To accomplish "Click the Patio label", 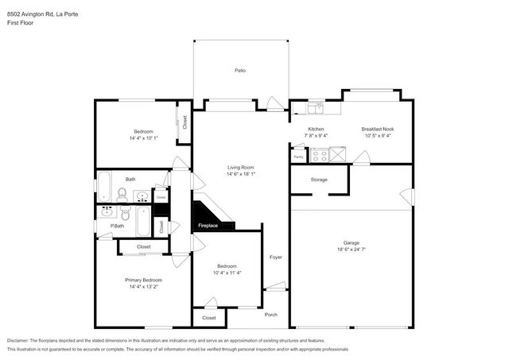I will pyautogui.click(x=239, y=71).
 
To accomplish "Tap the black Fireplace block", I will pyautogui.click(x=208, y=217).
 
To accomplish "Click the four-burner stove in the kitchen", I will pyautogui.click(x=320, y=156).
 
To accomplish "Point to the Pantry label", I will pyautogui.click(x=299, y=157).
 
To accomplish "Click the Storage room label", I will pyautogui.click(x=319, y=180).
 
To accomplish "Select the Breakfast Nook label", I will pyautogui.click(x=377, y=129).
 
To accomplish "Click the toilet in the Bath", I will pyautogui.click(x=122, y=194).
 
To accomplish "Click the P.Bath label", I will pyautogui.click(x=117, y=226).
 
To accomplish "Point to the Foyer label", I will pyautogui.click(x=276, y=257).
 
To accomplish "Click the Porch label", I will pyautogui.click(x=270, y=314).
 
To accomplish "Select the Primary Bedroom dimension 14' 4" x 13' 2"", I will pyautogui.click(x=143, y=287).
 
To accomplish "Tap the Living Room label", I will pyautogui.click(x=240, y=167).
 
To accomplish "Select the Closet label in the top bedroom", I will pyautogui.click(x=185, y=122).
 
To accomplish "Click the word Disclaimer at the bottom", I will pyautogui.click(x=21, y=339).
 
